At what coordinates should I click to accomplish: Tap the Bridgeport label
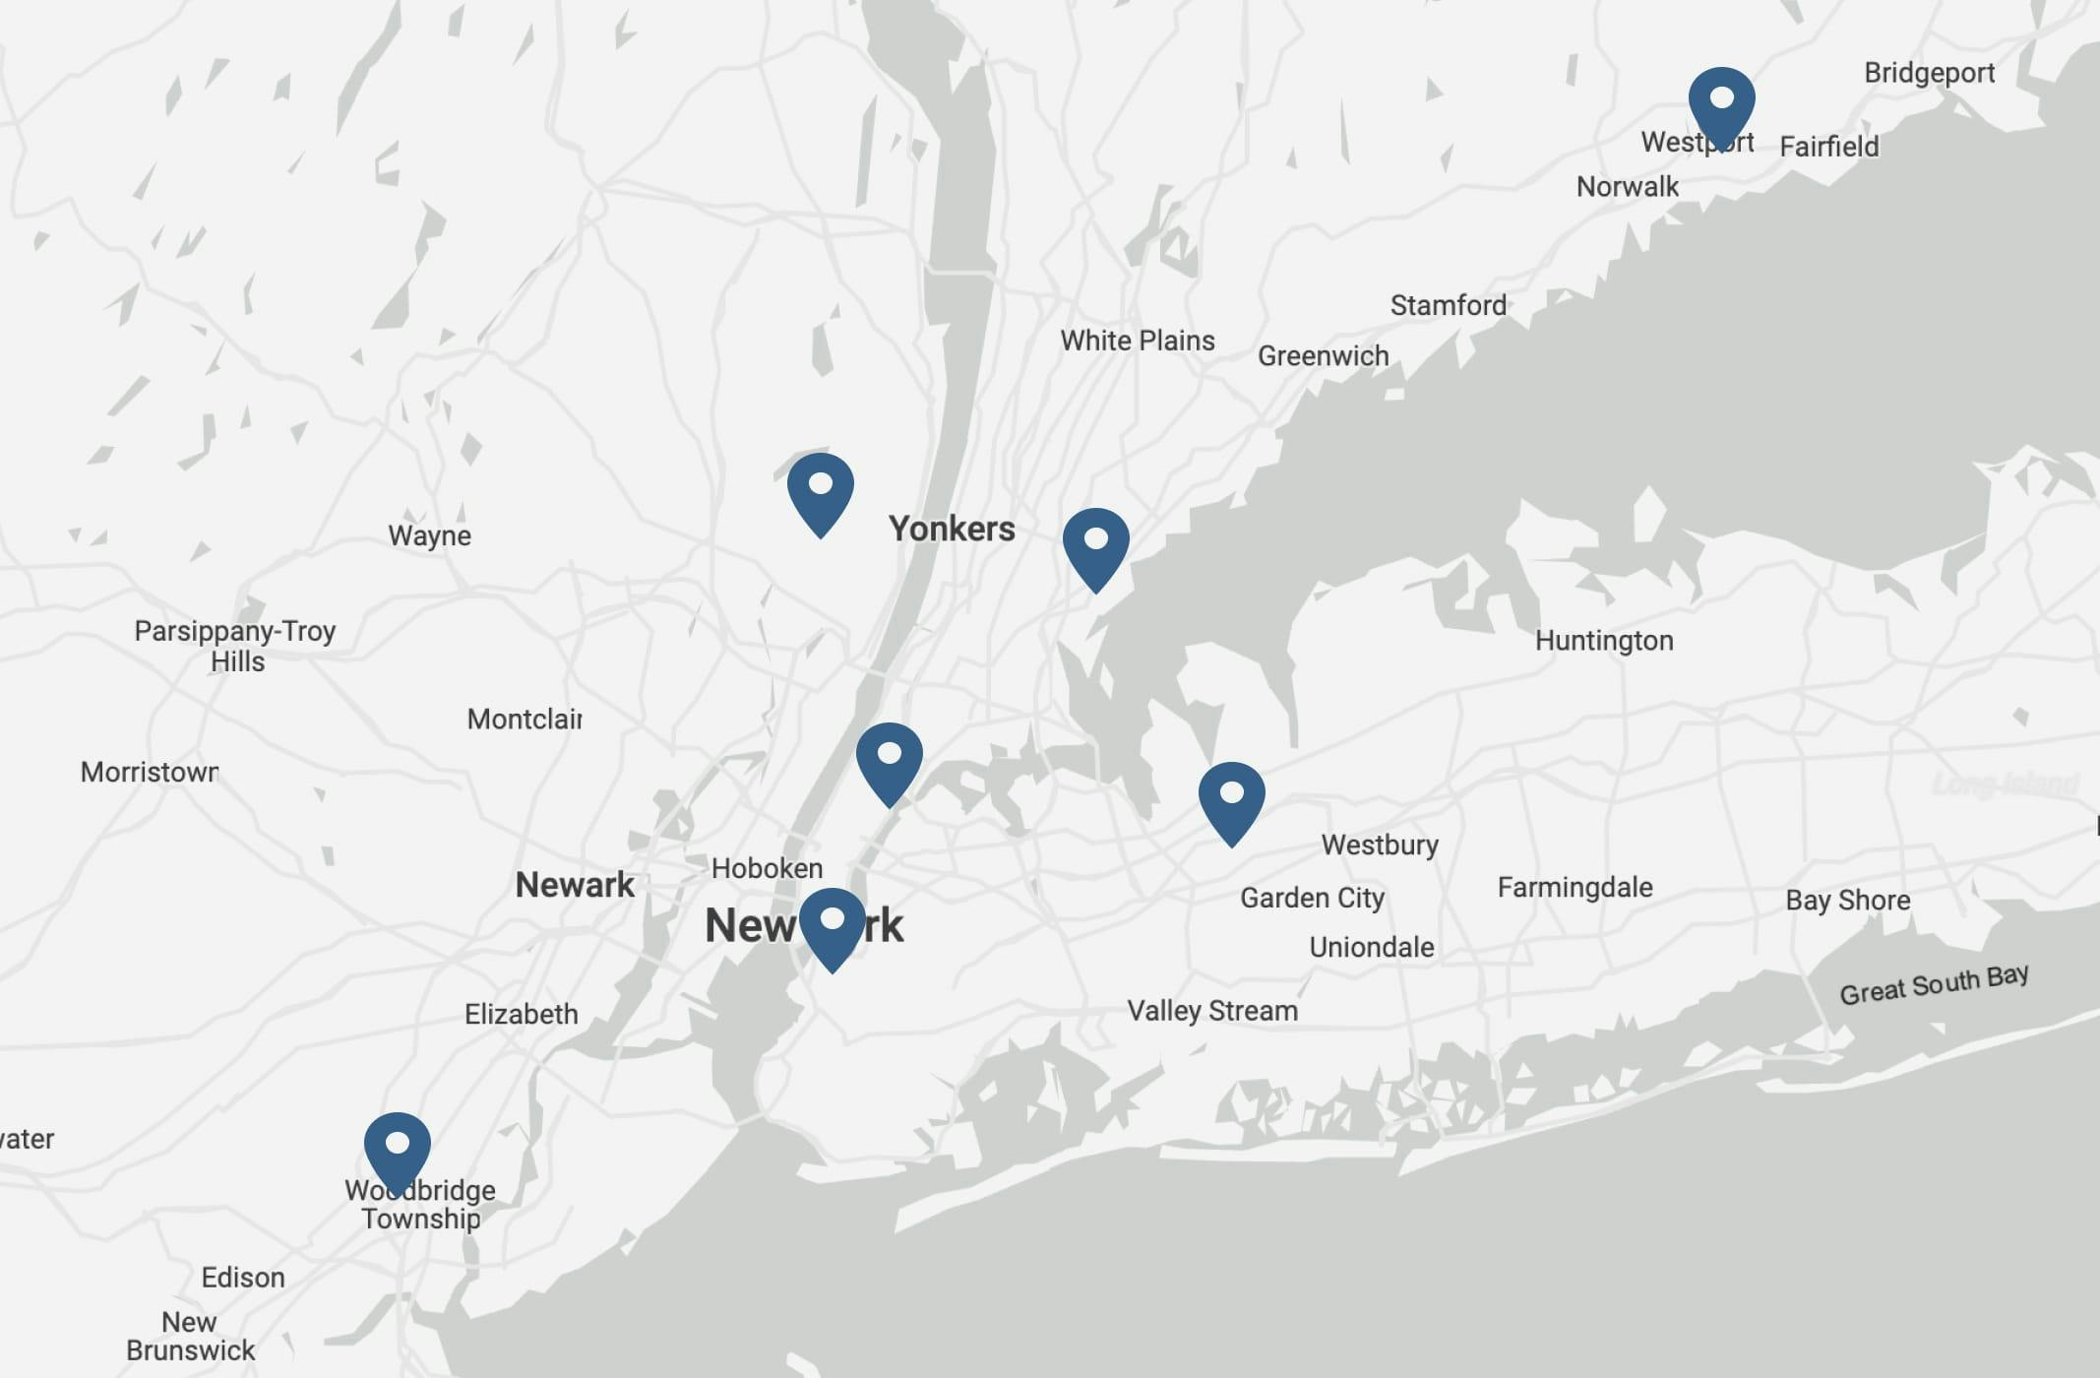(1929, 73)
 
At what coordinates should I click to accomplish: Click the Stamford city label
(1448, 305)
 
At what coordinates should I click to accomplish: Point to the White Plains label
(1137, 341)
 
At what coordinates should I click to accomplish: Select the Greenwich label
(1323, 355)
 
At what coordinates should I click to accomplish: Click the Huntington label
(1604, 641)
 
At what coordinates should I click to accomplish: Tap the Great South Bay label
(1934, 984)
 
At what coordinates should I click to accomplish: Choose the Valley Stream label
(1212, 1011)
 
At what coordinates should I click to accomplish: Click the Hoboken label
(767, 868)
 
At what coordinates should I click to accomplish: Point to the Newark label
(575, 885)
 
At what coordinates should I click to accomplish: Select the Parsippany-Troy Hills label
(235, 646)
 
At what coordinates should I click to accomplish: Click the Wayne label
(429, 535)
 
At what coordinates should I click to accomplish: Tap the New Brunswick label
(190, 1336)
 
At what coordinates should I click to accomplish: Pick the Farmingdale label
(1575, 887)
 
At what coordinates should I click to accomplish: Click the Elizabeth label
(521, 1014)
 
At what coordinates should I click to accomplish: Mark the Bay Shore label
(1847, 901)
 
